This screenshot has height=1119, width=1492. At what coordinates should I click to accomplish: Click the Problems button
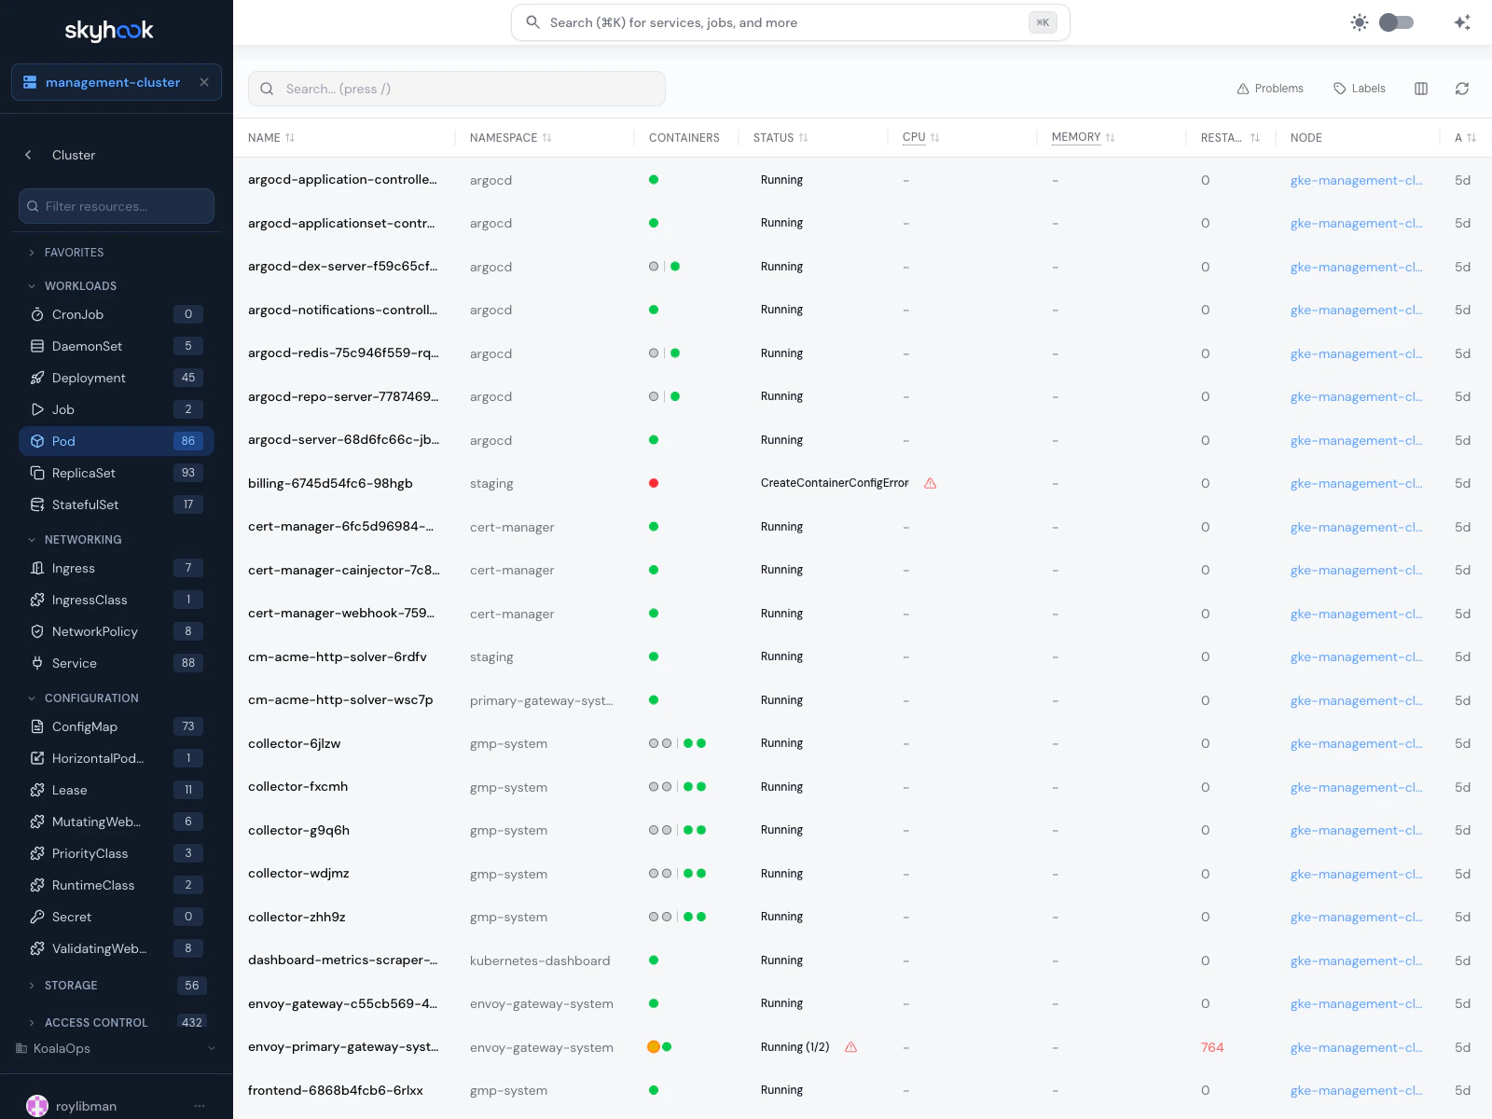[x=1270, y=89]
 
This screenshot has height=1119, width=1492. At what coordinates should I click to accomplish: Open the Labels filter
[x=1360, y=89]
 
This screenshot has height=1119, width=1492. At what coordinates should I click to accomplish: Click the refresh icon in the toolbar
[x=1462, y=89]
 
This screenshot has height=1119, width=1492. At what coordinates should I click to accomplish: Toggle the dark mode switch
[x=1396, y=22]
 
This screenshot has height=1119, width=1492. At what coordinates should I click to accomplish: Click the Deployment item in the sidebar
[x=89, y=378]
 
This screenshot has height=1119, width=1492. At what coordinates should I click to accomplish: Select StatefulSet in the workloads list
[x=85, y=504]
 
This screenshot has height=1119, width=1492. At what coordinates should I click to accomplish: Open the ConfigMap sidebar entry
[x=84, y=726]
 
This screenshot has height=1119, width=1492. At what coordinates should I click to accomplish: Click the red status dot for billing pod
[x=654, y=483]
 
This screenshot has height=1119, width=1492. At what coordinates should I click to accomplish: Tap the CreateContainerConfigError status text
[x=835, y=483]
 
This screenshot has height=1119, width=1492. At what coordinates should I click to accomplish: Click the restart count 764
[x=1212, y=1047]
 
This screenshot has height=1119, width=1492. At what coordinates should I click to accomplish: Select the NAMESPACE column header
[x=504, y=138]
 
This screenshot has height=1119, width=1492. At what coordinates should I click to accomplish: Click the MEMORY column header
[x=1076, y=137]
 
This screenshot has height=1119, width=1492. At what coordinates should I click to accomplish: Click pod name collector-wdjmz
[x=298, y=874]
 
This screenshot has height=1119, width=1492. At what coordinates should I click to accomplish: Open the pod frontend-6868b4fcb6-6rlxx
[x=336, y=1090]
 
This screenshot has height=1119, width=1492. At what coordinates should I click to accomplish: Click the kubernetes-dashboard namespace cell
[x=540, y=960]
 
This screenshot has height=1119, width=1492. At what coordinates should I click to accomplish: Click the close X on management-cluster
[x=204, y=82]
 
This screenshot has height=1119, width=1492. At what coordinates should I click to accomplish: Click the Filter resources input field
[x=117, y=206]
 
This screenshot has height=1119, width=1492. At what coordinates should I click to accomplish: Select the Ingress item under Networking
[x=74, y=568]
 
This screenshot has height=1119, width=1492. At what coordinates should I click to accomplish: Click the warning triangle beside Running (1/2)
[x=851, y=1047]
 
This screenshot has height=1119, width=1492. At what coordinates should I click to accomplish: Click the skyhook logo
[x=109, y=31]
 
